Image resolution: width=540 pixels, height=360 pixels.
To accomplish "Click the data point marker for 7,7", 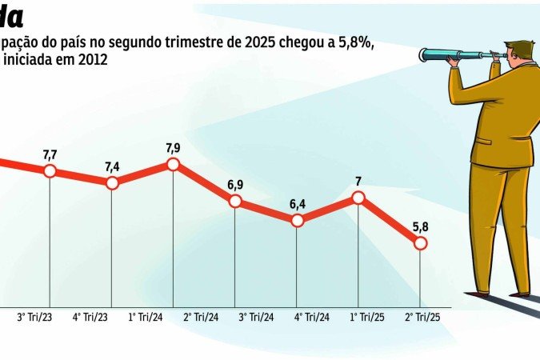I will [x=50, y=171].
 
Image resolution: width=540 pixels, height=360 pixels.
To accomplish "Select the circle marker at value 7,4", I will [x=112, y=183].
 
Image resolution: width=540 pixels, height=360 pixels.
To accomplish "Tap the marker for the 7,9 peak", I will [x=173, y=164].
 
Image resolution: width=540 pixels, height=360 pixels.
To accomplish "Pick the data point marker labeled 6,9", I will [x=235, y=201].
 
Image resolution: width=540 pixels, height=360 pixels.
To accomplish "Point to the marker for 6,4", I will [x=297, y=220].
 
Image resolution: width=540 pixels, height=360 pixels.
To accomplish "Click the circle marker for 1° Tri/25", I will [x=358, y=198].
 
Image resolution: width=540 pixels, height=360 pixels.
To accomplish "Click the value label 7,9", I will [x=173, y=147].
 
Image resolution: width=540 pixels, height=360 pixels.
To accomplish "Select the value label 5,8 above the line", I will [x=420, y=226].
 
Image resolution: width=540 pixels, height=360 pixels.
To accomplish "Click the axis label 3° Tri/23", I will [x=34, y=317].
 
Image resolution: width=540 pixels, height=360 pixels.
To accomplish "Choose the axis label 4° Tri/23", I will [x=90, y=317].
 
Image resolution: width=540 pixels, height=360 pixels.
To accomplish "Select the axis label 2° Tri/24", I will [x=202, y=317].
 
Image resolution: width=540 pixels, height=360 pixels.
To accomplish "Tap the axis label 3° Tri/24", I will [x=257, y=317].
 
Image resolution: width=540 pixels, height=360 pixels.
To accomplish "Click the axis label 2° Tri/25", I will [x=423, y=317].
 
